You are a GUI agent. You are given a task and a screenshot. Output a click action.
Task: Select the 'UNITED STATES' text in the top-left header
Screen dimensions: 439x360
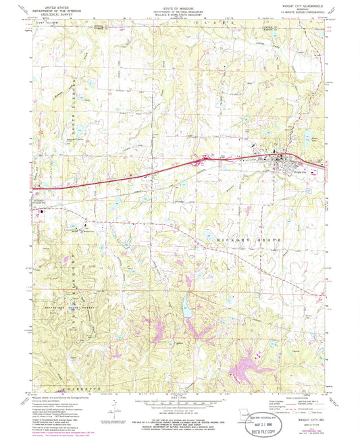59,4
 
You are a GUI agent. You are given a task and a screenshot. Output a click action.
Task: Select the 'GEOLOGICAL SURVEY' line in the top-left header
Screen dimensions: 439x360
59,12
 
